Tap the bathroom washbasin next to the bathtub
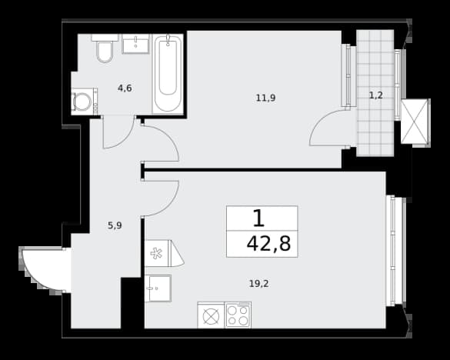tap(135, 44)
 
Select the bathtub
tap(168, 74)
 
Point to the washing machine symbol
tap(82, 102)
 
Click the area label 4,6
tap(125, 88)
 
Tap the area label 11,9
tap(265, 98)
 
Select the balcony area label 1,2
tap(375, 95)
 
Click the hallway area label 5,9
tap(115, 225)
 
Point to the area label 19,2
tap(259, 284)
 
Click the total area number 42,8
tap(268, 244)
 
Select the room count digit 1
tap(258, 218)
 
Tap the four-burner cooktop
tap(238, 315)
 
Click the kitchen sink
tap(158, 288)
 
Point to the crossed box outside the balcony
tap(415, 122)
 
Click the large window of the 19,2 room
tap(395, 251)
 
